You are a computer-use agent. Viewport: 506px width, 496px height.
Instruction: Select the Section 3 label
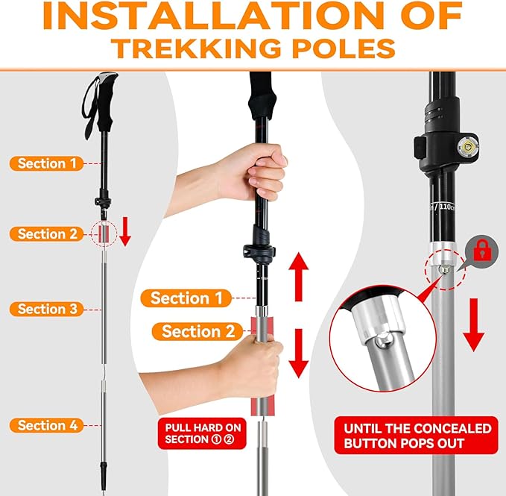47,309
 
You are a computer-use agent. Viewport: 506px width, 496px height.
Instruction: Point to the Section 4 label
47,426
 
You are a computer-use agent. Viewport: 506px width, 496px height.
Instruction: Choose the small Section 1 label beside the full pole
47,163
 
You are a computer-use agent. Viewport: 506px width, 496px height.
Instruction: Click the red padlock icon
481,251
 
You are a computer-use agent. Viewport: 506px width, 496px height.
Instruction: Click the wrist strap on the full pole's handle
89,104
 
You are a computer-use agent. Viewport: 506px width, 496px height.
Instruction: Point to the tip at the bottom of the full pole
102,477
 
